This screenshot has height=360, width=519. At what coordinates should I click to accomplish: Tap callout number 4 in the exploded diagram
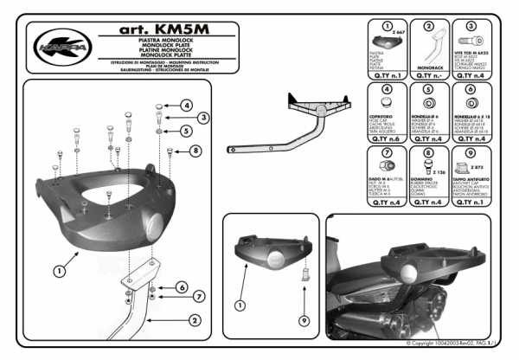click(x=187, y=106)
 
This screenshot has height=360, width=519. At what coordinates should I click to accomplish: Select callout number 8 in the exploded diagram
click(x=195, y=150)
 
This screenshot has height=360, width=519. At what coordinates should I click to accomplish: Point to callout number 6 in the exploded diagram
click(x=183, y=286)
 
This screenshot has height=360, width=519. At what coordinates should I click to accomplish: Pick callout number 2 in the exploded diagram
click(x=195, y=320)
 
